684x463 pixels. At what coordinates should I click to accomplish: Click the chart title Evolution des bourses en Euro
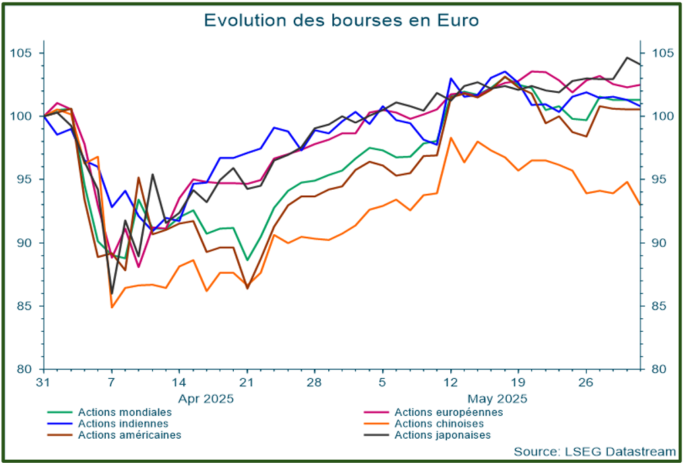[341, 20]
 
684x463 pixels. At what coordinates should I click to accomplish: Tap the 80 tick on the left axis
[26, 369]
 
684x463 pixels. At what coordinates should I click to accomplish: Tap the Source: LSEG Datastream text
[594, 451]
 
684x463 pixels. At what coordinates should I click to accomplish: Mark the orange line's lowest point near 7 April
[112, 307]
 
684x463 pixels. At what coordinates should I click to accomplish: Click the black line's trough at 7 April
[112, 293]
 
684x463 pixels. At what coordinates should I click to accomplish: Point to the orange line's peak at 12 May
[451, 138]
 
